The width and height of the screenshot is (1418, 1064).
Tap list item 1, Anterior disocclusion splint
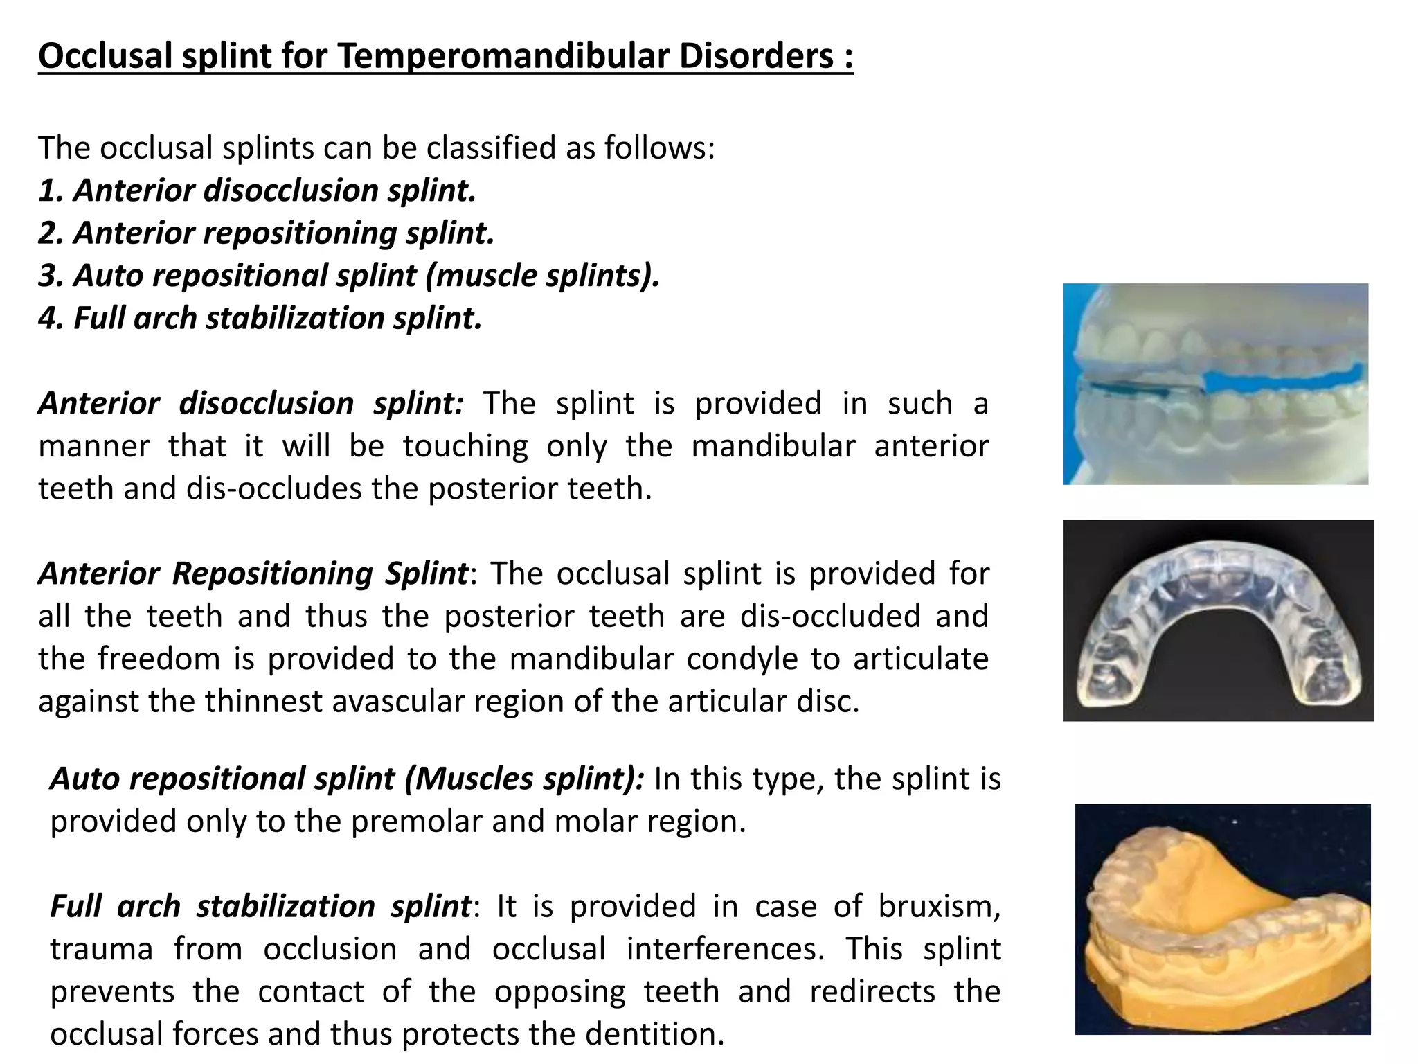click(x=258, y=190)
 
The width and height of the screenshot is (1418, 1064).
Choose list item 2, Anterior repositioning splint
click(x=267, y=233)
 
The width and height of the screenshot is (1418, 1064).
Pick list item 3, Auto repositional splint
click(x=349, y=276)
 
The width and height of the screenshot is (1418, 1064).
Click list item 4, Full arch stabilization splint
click(x=260, y=319)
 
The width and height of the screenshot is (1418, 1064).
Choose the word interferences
click(x=725, y=949)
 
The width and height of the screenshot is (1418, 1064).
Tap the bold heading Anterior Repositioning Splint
click(x=253, y=574)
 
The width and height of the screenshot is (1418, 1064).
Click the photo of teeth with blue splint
click(x=1215, y=384)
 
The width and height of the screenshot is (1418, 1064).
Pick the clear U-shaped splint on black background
click(x=1218, y=621)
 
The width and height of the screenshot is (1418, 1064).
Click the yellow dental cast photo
click(x=1222, y=919)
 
